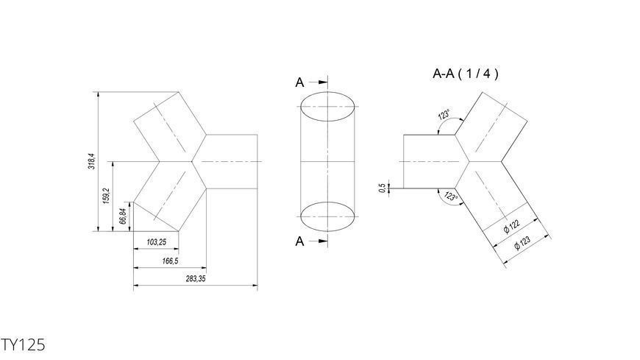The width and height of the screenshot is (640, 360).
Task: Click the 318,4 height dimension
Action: pos(92,161)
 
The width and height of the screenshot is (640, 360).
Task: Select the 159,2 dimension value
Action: pos(106,196)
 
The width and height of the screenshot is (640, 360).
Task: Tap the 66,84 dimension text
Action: pos(123,216)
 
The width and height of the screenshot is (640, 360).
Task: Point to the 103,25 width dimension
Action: pos(157,242)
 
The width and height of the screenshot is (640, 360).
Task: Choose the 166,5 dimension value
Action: pos(170,261)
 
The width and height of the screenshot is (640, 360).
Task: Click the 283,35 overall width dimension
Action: pos(196,279)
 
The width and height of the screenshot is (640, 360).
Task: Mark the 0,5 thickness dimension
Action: pos(382,188)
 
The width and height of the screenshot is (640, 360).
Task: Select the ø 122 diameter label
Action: pos(512,226)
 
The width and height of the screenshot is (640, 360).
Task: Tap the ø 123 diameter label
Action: pos(522,242)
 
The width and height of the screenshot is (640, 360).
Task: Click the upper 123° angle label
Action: pos(444,114)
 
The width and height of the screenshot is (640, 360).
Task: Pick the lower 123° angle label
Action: pos(451,196)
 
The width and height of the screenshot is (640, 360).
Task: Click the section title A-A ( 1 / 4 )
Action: pos(466,74)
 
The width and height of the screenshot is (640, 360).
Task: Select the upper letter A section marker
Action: pos(299,82)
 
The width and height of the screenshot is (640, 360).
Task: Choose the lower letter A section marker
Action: pos(299,241)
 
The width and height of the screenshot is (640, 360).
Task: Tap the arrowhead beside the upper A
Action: pos(323,82)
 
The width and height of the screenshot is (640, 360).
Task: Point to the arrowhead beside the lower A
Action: pos(323,241)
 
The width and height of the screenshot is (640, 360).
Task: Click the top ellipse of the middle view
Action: pos(327,92)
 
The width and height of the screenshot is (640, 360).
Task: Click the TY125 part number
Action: pos(23,345)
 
